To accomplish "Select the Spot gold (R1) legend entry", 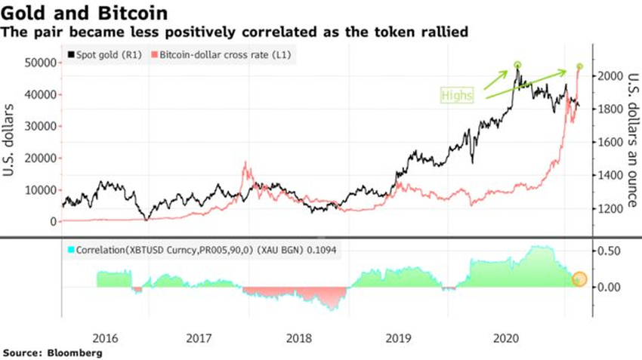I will (x=106, y=55).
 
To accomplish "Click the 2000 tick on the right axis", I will (x=613, y=76).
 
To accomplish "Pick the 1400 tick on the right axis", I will (x=613, y=175).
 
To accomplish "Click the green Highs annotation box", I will (x=458, y=95).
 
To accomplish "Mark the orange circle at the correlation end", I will (x=579, y=279).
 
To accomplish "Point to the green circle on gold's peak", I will (x=517, y=65).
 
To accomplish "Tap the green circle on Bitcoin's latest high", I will (x=580, y=66).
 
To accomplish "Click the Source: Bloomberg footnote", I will (x=52, y=352).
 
